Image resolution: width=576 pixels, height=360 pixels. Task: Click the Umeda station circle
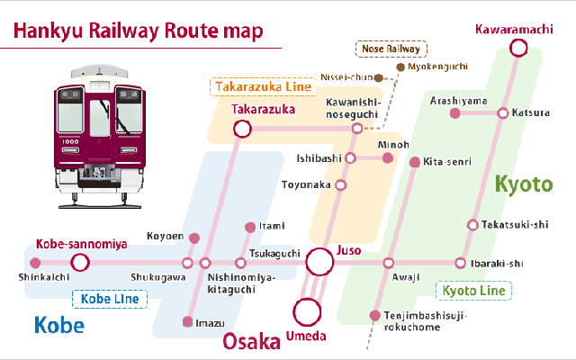(308, 311)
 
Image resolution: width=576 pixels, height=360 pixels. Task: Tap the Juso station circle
(319, 262)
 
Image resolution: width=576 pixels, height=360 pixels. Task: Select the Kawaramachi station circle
(518, 47)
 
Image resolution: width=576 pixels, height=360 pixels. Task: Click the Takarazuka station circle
(242, 129)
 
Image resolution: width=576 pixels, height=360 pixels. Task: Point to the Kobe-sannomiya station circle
(80, 263)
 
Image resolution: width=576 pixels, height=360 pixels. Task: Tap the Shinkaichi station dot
(35, 263)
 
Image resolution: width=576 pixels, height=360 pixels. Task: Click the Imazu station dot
(187, 321)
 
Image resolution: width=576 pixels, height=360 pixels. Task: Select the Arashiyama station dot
(454, 113)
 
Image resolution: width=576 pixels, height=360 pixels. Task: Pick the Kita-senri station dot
(414, 163)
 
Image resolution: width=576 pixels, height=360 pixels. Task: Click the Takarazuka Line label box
(261, 87)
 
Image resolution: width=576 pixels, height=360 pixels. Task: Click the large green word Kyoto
(523, 184)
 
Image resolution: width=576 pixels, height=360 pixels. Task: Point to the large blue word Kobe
(58, 326)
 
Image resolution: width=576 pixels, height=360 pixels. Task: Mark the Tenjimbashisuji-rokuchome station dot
(374, 315)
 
